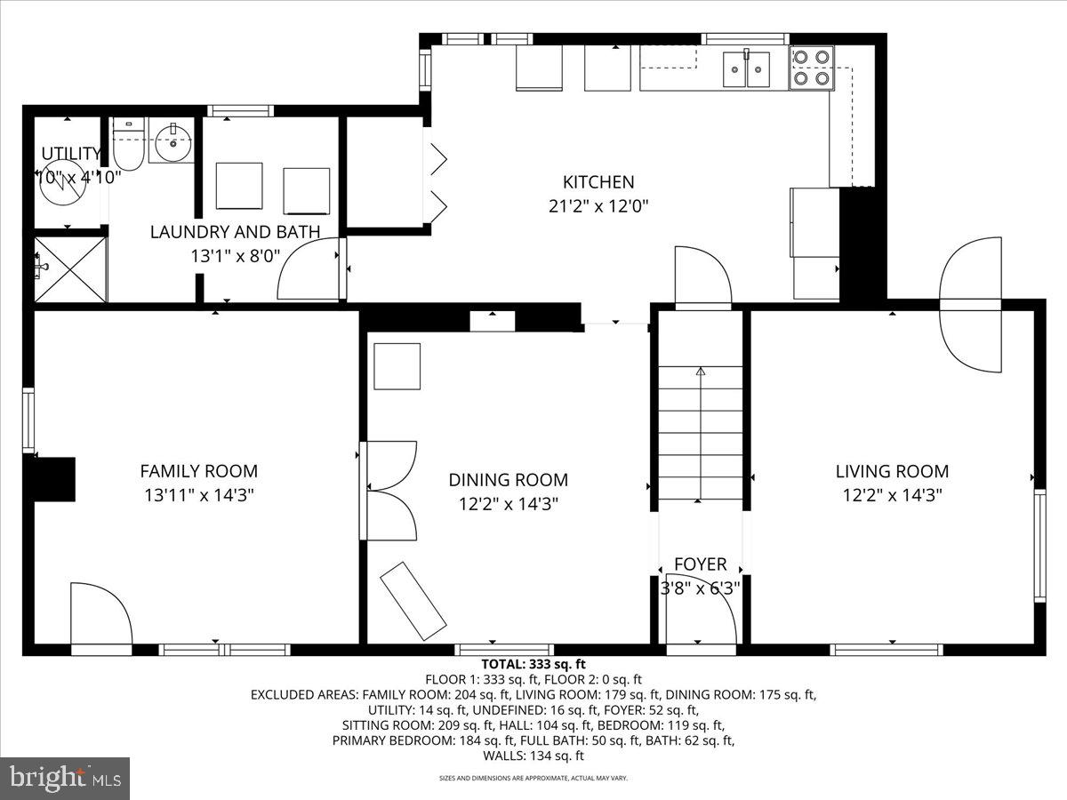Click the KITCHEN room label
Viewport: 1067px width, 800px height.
click(x=598, y=182)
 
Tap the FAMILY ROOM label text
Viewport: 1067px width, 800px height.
click(x=198, y=471)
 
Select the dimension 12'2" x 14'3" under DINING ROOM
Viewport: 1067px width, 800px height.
click(x=508, y=503)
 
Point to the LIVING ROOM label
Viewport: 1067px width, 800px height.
click(x=892, y=471)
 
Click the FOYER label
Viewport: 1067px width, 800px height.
click(x=700, y=564)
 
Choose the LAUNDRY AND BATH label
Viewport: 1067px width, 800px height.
click(x=235, y=232)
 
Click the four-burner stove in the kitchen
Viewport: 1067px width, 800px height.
click(x=812, y=68)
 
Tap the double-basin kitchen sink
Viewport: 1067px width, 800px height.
click(x=746, y=70)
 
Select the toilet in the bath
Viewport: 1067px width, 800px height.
click(x=128, y=147)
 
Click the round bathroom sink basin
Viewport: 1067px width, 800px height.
click(x=170, y=142)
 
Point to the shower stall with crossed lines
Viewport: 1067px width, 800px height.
click(x=70, y=268)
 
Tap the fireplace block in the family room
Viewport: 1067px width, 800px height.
click(x=54, y=479)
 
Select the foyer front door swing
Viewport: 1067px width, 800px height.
click(x=707, y=613)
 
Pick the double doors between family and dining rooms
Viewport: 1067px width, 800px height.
click(x=389, y=491)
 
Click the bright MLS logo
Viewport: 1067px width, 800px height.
click(x=65, y=779)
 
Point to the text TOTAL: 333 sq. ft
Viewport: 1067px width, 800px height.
click(x=533, y=664)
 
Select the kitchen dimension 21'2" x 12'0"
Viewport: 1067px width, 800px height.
click(x=598, y=206)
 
